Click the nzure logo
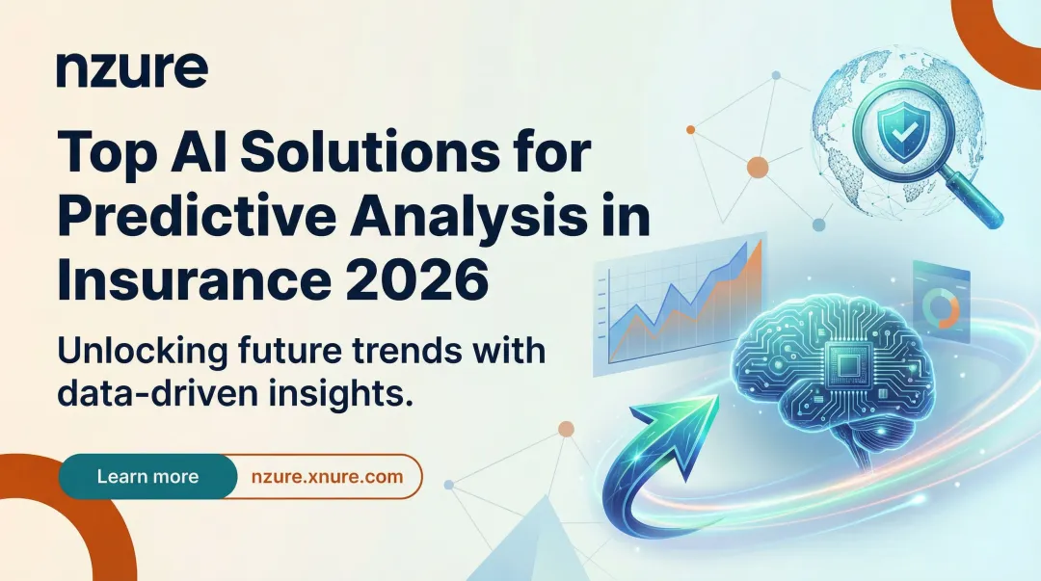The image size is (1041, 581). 132,69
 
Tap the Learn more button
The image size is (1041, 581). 147,477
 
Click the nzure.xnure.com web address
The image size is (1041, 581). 328,477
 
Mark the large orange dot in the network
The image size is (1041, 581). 759,168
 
